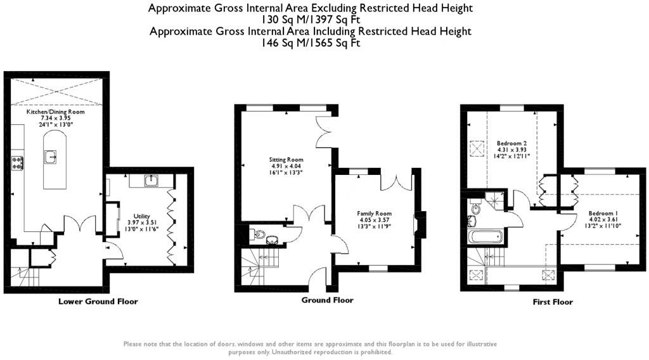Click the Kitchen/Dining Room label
click(56, 112)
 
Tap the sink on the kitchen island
click(51, 157)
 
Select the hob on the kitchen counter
click(18, 162)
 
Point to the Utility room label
click(141, 216)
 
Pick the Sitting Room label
click(286, 159)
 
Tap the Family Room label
click(374, 214)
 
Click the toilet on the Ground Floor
click(257, 235)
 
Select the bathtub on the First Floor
click(485, 236)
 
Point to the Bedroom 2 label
click(512, 143)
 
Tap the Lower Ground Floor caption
click(98, 301)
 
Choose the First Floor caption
click(553, 302)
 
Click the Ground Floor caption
click(328, 300)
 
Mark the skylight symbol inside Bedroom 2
click(477, 149)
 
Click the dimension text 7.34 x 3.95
click(56, 118)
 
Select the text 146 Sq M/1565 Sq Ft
click(311, 42)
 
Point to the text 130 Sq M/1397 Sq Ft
click(311, 20)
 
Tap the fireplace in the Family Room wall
click(420, 224)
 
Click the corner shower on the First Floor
click(496, 200)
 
